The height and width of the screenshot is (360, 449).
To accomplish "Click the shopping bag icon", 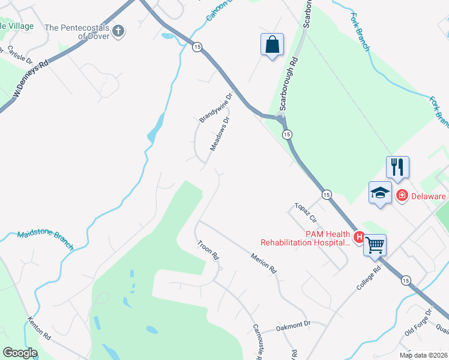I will point(272,44).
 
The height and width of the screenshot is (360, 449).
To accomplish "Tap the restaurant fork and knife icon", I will point(397,167).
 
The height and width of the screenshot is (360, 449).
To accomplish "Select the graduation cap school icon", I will point(379,193).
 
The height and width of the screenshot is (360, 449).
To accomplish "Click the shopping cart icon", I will point(375,245).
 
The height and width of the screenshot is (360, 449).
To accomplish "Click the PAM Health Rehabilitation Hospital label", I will point(305,238).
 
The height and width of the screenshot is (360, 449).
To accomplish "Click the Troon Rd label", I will point(209,251).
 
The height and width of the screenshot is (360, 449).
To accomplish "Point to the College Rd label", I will point(369,279).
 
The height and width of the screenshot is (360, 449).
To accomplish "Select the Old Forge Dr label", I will point(418,323).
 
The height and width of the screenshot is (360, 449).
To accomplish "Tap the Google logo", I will point(20,353).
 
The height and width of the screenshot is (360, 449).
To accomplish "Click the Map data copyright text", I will point(423,355).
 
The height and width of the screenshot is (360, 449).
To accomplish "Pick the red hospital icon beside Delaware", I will point(402,196).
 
